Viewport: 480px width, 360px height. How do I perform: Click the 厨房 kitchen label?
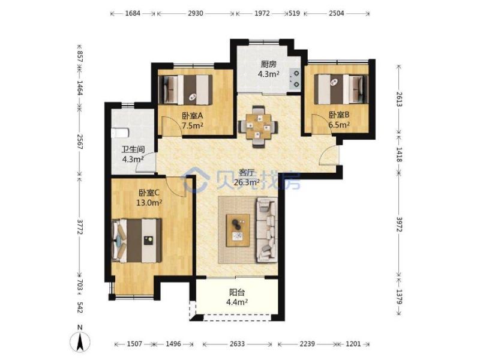pos(268,64)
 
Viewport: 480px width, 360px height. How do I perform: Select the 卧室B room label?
pos(339,115)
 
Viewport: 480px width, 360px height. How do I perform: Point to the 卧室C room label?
pos(149,193)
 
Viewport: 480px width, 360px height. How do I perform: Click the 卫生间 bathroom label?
pos(133,149)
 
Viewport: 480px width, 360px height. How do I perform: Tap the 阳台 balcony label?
pos(237,292)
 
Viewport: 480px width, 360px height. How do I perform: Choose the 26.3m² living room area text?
pos(247,182)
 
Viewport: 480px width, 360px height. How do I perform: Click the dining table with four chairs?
pos(259,126)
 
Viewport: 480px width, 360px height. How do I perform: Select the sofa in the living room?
pos(267,230)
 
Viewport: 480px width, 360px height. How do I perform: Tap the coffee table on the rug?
pos(238,230)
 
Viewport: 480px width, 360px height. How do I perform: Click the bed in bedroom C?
pos(137,241)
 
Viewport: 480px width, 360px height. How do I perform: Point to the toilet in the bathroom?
pos(120,133)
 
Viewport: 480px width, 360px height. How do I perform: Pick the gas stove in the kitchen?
pos(295,79)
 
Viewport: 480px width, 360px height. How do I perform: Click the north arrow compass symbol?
pos(80,340)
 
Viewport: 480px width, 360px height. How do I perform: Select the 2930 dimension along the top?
pos(196,13)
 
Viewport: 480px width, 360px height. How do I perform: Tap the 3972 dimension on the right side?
pos(399,224)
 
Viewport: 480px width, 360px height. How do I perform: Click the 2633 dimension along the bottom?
pos(237,344)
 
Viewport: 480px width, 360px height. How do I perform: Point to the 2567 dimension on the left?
pos(80,142)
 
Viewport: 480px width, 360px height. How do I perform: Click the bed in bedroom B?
pos(341,89)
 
